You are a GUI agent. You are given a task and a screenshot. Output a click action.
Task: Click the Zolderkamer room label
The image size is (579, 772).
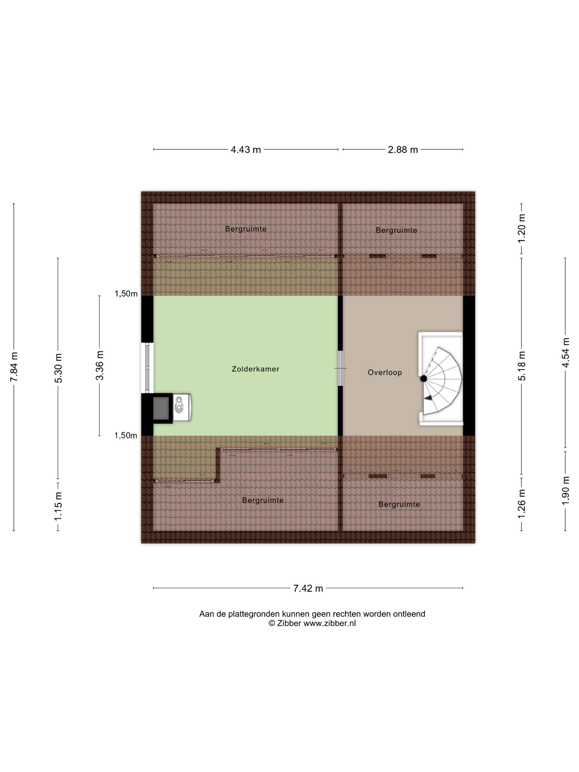pos(256,369)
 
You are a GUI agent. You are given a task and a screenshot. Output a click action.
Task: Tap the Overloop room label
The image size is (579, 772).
pos(385,372)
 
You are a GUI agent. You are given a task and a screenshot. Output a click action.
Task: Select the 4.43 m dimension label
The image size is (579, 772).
pos(246,150)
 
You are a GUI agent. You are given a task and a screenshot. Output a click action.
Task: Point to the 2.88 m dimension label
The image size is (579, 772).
pos(403,150)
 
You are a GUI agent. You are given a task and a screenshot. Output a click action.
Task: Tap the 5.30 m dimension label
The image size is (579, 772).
pos(58,368)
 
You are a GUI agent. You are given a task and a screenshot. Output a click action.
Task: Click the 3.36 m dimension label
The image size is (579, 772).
pos(100,365)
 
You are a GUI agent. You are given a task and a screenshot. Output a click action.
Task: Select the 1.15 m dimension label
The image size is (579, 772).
pos(58,506)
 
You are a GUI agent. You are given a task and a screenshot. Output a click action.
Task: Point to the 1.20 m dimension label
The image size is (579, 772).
pos(521,228)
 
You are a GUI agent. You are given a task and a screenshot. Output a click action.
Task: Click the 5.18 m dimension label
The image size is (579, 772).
pos(521,366)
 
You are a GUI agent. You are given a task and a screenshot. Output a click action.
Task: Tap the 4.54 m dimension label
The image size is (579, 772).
pos(565,352)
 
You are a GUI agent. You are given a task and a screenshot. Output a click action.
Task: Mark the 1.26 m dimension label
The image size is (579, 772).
pos(521,504)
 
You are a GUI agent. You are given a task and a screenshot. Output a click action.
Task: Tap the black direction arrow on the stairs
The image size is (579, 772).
pos(428,398)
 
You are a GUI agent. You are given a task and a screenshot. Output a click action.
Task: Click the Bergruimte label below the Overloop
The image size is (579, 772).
pos(399,504)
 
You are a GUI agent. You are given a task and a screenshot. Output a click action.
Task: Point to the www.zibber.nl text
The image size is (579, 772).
pos(329,624)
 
